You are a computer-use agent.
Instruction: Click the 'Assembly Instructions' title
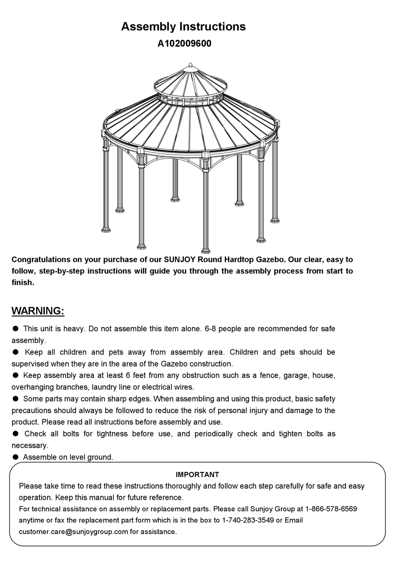click(183, 27)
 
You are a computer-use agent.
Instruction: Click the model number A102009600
click(184, 44)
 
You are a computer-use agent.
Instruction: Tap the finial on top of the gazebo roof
click(191, 65)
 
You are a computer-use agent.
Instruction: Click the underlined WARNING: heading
click(38, 311)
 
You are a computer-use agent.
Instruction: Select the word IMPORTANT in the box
click(197, 474)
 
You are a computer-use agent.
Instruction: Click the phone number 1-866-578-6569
click(331, 509)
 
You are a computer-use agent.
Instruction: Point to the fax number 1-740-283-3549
click(248, 520)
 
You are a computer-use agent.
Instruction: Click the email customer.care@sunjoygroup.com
click(73, 532)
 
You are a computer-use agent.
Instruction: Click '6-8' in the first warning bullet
click(210, 329)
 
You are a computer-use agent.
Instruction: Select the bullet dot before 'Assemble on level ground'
click(15, 457)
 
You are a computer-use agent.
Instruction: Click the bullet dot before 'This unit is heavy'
click(15, 328)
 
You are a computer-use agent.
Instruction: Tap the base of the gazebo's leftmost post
click(106, 229)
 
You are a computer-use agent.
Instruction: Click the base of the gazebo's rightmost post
click(274, 219)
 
